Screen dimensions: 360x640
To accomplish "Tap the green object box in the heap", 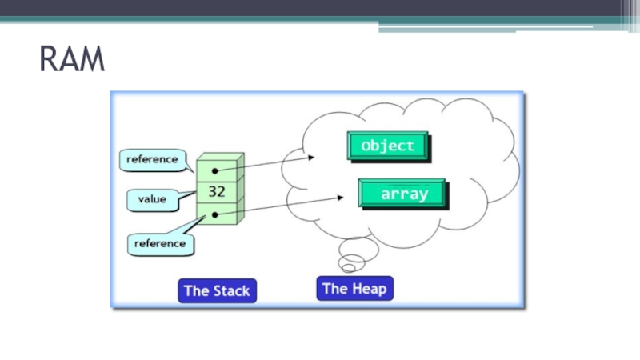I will (x=388, y=146).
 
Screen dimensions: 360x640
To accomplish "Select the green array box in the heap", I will (x=402, y=194).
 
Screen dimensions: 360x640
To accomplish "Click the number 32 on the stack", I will (x=217, y=192).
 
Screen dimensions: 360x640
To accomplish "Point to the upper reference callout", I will (x=152, y=159).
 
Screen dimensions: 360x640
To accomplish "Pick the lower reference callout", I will (x=160, y=242).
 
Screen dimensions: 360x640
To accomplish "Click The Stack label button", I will (x=218, y=290).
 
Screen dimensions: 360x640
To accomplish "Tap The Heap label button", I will (x=356, y=288).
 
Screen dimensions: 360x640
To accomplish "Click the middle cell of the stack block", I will (x=217, y=192).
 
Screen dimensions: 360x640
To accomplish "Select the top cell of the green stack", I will (x=217, y=170).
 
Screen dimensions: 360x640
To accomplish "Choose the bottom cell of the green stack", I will (x=217, y=214).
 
